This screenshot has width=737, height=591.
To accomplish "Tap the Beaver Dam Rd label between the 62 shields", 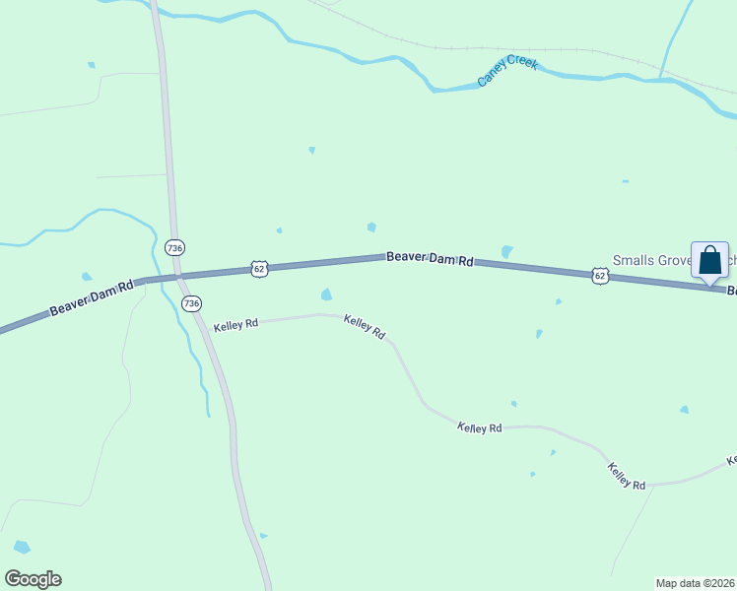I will point(430,258).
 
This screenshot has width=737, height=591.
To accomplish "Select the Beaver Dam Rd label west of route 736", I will point(91,298).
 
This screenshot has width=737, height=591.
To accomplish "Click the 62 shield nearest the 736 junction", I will point(259,267).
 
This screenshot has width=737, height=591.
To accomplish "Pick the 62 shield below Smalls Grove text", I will point(600,276).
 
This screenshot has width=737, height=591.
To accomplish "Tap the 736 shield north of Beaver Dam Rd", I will point(175,247).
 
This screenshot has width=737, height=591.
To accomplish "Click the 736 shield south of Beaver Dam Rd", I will point(191,303).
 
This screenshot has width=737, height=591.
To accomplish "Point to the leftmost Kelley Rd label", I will point(235,323).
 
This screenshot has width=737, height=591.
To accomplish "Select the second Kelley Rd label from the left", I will point(365,326).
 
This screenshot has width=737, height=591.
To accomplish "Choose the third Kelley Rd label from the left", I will point(480,427).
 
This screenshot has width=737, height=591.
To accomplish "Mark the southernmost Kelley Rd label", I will point(627,477).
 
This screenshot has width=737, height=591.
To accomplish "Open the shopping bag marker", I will point(709,261).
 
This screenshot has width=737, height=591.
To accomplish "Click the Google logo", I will point(33,579).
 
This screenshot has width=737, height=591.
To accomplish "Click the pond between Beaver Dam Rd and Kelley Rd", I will point(326,295).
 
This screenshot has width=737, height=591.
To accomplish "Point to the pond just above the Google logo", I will point(22,547).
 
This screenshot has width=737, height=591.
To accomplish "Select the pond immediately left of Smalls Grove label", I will point(506,252).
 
